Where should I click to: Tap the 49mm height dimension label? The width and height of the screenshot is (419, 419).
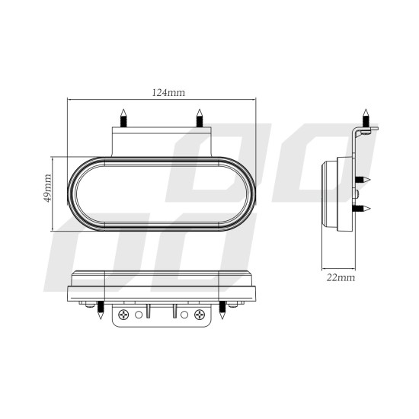48,187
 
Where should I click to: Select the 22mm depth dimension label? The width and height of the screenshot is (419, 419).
339,278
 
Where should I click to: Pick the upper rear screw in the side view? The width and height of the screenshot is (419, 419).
364,178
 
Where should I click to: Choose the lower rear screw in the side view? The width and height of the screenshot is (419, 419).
364,208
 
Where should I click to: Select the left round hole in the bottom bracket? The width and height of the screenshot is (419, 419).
138,314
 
